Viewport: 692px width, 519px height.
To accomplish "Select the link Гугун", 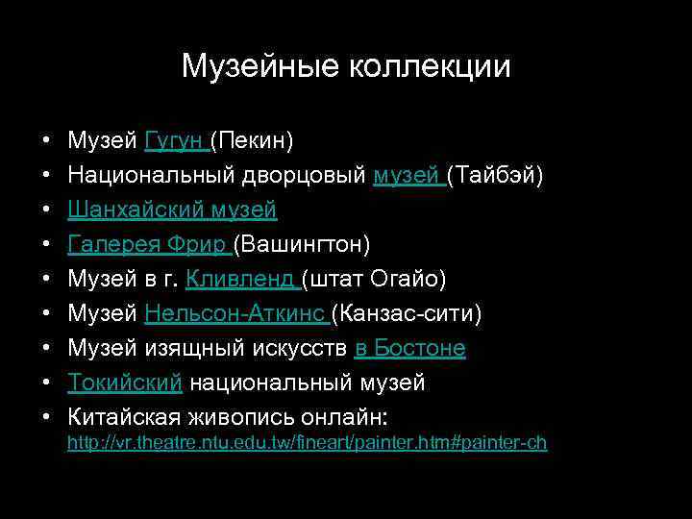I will [x=175, y=141].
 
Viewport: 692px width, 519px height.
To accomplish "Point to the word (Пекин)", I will [x=252, y=141].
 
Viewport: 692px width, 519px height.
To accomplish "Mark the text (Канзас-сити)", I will [x=407, y=314].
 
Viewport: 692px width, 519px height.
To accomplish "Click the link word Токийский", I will [x=125, y=383].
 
